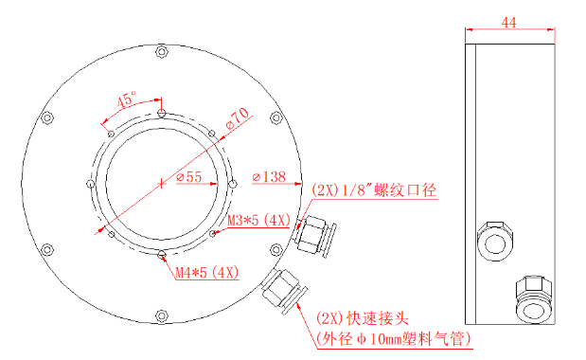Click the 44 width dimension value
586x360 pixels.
point(508,23)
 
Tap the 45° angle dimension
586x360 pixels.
point(126,99)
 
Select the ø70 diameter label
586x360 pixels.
point(238,118)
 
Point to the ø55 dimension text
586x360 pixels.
point(189,176)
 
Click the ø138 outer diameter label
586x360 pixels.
point(269,176)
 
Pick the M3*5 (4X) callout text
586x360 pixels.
point(258,220)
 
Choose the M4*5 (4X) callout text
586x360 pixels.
point(207,272)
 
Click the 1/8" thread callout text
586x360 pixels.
point(374,190)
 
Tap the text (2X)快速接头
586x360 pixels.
point(363,318)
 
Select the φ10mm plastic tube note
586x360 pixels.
point(394,339)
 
